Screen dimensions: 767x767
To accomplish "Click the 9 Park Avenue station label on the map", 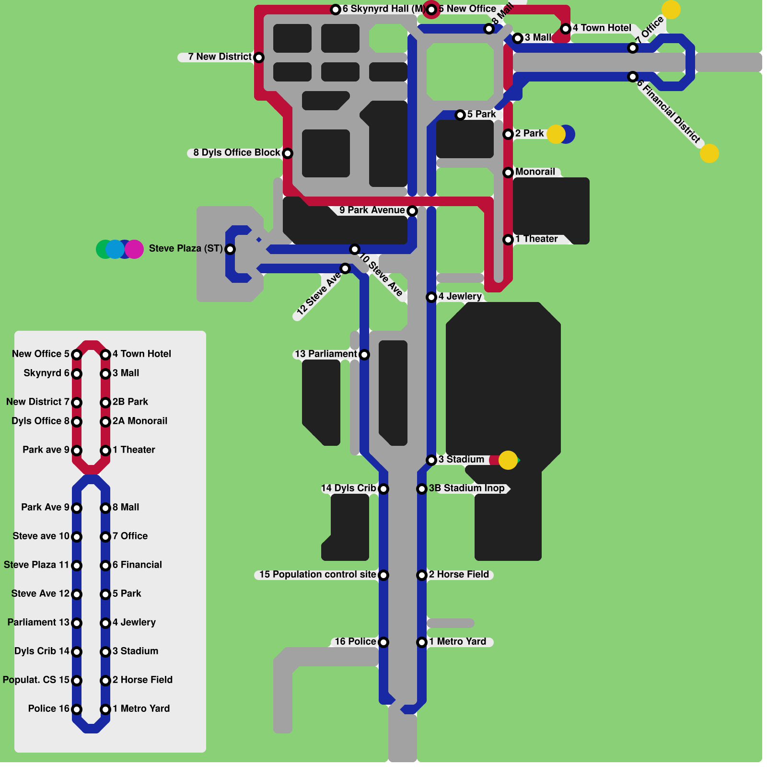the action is point(372,210).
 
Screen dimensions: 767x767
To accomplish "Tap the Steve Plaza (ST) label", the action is point(186,248).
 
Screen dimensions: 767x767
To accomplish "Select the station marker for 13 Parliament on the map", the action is point(364,355).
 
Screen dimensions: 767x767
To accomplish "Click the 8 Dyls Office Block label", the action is point(236,152).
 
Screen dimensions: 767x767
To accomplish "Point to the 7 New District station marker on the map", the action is point(259,58).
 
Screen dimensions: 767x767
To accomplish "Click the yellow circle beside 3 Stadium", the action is point(508,460).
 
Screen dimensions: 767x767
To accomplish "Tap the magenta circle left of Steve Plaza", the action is point(135,249).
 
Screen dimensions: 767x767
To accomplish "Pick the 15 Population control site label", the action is point(317,574).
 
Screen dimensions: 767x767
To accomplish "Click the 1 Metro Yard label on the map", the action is point(457,641).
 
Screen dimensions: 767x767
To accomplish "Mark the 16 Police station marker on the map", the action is point(383,642).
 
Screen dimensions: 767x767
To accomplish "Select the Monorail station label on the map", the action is point(535,172).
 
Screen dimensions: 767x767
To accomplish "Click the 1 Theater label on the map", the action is point(536,239).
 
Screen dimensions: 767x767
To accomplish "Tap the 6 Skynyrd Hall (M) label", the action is point(383,9).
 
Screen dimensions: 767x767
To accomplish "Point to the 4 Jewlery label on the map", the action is point(460,296).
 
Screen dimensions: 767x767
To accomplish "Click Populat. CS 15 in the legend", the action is point(36,680).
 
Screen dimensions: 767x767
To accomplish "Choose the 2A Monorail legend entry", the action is point(139,421).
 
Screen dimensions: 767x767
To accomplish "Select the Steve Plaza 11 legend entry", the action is point(36,565).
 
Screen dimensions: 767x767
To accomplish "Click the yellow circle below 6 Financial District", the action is point(709,153).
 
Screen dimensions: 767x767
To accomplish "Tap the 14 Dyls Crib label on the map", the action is point(349,488).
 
